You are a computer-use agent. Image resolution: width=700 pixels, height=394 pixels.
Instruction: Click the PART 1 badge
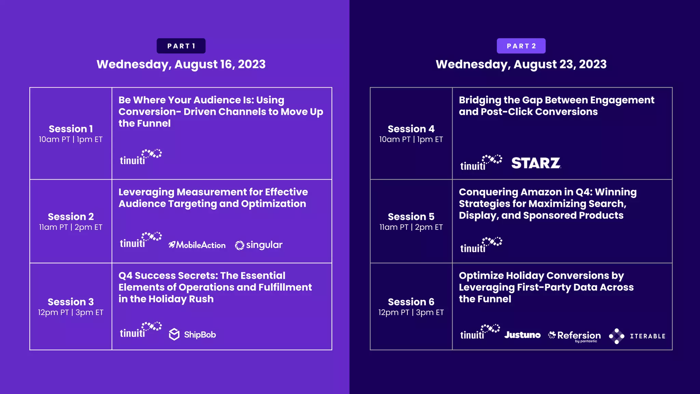pyautogui.click(x=181, y=46)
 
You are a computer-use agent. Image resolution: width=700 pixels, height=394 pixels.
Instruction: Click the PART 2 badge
pyautogui.click(x=521, y=46)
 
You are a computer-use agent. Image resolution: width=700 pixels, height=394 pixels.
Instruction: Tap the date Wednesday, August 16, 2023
pyautogui.click(x=181, y=64)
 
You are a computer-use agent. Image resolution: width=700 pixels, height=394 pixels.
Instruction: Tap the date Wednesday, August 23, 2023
pyautogui.click(x=521, y=64)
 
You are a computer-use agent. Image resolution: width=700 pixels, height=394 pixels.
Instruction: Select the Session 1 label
pyautogui.click(x=71, y=129)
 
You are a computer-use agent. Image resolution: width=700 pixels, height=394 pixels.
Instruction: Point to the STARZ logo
pyautogui.click(x=536, y=163)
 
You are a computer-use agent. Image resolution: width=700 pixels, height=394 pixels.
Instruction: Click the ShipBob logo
pyautogui.click(x=192, y=334)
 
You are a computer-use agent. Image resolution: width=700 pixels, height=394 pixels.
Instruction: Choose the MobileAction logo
pyautogui.click(x=197, y=245)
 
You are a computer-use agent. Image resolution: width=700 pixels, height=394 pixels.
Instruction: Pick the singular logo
pyautogui.click(x=259, y=245)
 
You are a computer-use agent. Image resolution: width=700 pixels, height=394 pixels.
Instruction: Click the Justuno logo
pyautogui.click(x=522, y=335)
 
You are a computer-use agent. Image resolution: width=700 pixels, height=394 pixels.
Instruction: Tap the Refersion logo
pyautogui.click(x=575, y=336)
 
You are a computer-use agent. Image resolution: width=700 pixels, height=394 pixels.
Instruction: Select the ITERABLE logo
pyautogui.click(x=637, y=336)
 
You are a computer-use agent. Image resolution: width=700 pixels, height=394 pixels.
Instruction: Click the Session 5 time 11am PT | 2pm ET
pyautogui.click(x=411, y=227)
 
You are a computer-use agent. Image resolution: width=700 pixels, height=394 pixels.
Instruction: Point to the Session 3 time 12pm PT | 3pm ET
pyautogui.click(x=71, y=313)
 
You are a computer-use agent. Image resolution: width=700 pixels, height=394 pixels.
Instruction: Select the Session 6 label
pyautogui.click(x=411, y=302)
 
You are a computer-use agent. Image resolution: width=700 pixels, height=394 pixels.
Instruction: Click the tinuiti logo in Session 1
pyautogui.click(x=140, y=157)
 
